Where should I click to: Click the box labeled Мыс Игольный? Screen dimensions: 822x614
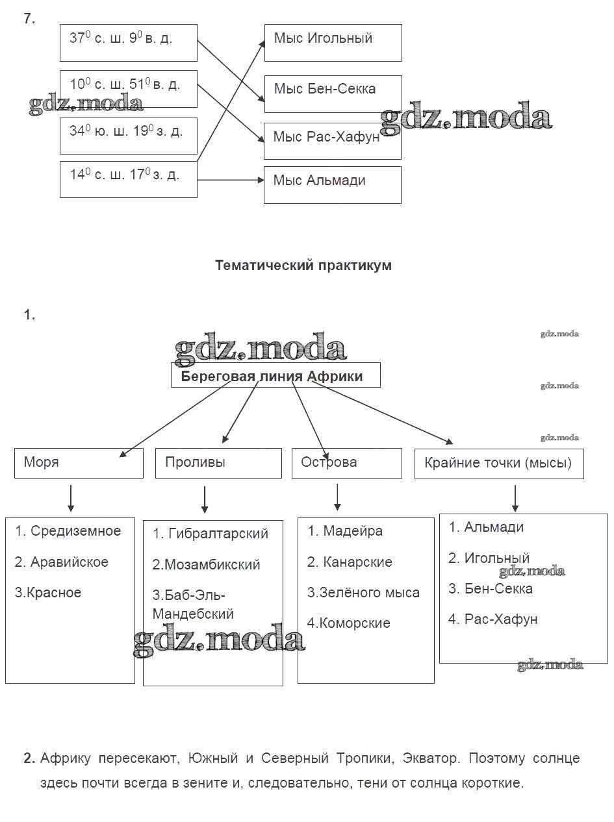click(333, 43)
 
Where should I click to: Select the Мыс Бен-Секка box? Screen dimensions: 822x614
click(333, 93)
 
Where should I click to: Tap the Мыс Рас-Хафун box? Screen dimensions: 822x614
click(332, 140)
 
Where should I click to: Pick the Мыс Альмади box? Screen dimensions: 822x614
click(332, 184)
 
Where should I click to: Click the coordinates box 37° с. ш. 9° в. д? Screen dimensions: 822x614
click(128, 43)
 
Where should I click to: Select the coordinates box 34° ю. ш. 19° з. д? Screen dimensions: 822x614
click(128, 135)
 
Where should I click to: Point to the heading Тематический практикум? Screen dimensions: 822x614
click(303, 266)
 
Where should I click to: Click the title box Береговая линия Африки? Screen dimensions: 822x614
click(275, 376)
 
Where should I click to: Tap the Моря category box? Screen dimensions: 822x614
click(79, 463)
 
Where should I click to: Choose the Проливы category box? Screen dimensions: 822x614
click(218, 463)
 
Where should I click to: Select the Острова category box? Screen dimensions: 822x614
click(346, 463)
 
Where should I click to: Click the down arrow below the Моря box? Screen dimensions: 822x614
click(71, 498)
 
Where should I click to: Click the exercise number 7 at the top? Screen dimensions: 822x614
click(29, 19)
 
